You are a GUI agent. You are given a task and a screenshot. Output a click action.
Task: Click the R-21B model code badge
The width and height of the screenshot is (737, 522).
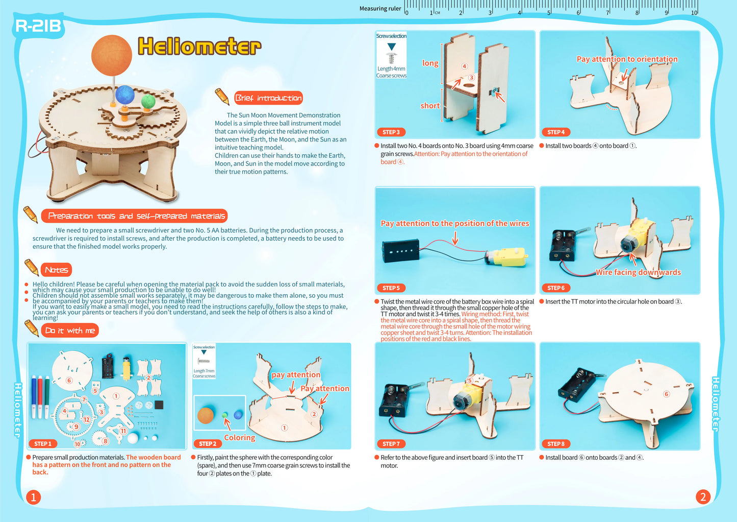[38, 26]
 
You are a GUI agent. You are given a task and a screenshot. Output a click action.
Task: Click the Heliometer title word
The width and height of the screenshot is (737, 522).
[199, 46]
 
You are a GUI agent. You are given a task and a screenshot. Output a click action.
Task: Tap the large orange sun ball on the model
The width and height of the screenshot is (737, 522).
[112, 55]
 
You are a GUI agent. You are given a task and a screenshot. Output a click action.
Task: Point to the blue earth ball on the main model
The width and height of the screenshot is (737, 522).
[124, 95]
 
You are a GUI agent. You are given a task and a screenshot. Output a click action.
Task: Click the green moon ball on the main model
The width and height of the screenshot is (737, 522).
[148, 101]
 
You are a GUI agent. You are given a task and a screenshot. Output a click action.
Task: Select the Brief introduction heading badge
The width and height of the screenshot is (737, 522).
[268, 98]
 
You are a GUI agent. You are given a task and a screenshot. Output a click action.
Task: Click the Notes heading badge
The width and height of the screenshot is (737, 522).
[56, 270]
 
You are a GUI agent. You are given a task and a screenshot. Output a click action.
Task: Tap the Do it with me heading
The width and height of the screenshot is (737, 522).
[70, 330]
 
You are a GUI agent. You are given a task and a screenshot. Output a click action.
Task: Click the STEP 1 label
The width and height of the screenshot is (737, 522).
[43, 444]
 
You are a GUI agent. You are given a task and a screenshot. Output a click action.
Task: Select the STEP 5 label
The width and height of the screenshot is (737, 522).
[391, 288]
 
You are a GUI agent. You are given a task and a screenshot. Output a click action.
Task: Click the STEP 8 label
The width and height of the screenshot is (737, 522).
[556, 444]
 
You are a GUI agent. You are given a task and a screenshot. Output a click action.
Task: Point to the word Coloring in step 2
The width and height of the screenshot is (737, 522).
[239, 438]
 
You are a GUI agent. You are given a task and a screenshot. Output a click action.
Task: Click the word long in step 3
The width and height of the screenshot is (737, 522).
[430, 63]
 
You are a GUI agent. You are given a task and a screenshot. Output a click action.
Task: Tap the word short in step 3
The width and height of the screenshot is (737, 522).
[429, 106]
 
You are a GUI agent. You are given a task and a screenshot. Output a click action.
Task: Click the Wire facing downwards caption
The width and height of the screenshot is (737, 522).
[638, 272]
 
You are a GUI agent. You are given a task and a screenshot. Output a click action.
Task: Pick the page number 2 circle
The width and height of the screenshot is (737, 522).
[703, 496]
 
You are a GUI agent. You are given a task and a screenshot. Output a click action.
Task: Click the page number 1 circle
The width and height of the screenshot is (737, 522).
[33, 497]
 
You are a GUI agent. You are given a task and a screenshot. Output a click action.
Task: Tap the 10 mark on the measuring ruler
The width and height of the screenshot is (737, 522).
[694, 13]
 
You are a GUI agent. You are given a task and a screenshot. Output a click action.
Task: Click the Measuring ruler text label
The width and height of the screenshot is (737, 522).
[380, 9]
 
